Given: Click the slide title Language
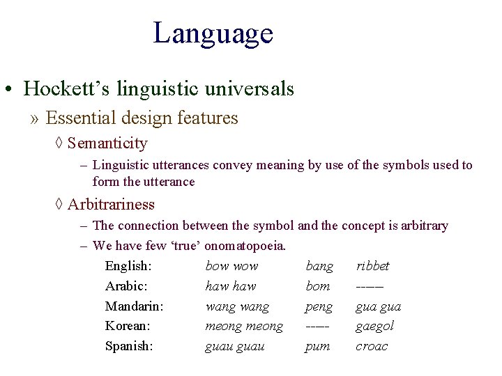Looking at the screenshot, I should (x=213, y=33).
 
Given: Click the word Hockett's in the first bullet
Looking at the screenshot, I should (x=57, y=89).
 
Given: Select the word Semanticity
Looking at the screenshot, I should (x=107, y=143).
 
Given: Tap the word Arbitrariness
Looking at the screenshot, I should (x=111, y=205).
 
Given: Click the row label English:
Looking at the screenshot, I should (x=129, y=266).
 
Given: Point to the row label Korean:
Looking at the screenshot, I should (x=128, y=326).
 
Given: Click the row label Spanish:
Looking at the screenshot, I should (x=129, y=346).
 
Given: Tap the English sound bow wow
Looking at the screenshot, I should (x=231, y=266).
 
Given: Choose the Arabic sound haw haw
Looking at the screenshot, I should (x=230, y=286).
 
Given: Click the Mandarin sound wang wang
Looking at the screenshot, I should (x=237, y=306).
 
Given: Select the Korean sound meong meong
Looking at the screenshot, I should (x=244, y=326).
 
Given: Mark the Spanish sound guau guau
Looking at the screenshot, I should (x=234, y=346).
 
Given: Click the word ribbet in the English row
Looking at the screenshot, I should (x=372, y=266).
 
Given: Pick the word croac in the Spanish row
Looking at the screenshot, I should (x=371, y=346).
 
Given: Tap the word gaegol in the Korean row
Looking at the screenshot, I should (x=374, y=326).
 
